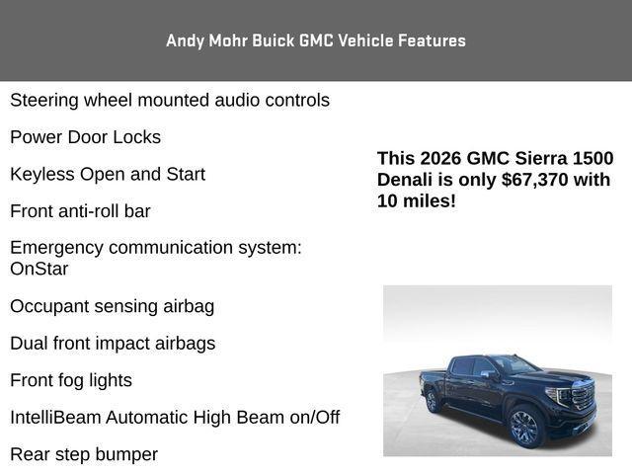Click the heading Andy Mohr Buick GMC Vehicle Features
(316, 40)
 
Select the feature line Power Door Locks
(85, 137)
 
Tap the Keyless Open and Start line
(108, 175)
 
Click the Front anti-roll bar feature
(80, 211)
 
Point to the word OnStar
(39, 269)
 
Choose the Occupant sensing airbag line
(112, 306)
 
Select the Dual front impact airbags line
(113, 344)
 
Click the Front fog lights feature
(71, 380)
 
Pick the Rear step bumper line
(84, 454)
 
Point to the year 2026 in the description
(439, 158)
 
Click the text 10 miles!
(416, 201)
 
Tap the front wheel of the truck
(524, 427)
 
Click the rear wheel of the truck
(433, 400)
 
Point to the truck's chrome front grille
(582, 398)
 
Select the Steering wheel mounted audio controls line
(170, 101)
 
